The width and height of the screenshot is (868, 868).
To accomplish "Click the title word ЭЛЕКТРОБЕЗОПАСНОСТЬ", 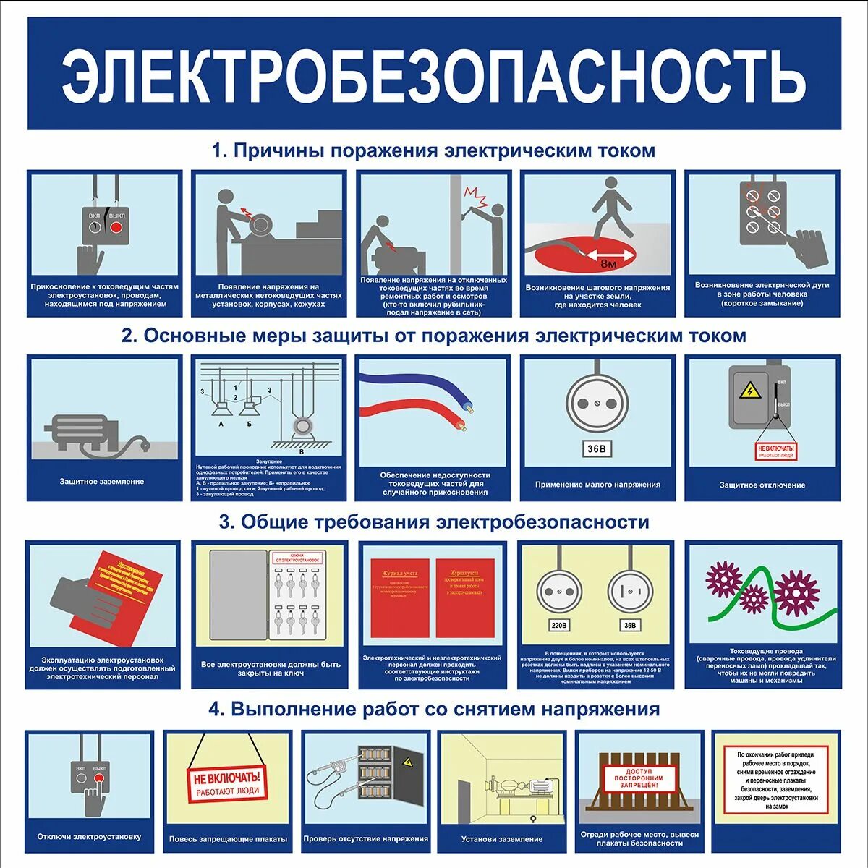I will pos(434,75).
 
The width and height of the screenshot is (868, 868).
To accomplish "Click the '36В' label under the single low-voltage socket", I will pos(597,449).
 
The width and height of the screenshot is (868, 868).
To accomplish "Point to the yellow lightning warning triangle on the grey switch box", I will pos(750,391).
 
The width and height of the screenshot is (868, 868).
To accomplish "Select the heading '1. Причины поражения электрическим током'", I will pos(434,150).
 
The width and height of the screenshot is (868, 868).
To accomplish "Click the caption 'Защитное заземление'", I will pos(102,482).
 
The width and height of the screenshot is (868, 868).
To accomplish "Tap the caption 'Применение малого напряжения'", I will pos(597,485).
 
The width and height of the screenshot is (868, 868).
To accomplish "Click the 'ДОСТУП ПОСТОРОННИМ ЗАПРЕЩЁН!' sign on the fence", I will pos(639,778).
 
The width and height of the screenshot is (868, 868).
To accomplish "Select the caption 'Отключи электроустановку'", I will pos(90,837).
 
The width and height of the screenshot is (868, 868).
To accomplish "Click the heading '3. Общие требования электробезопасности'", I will pos(434,522).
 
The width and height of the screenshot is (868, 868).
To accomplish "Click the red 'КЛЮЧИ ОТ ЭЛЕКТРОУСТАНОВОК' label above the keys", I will pos(297,558).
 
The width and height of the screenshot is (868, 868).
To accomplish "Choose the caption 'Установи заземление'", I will pos(502,839).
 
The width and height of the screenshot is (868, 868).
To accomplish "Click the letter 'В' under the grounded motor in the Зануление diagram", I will pos(302,452).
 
